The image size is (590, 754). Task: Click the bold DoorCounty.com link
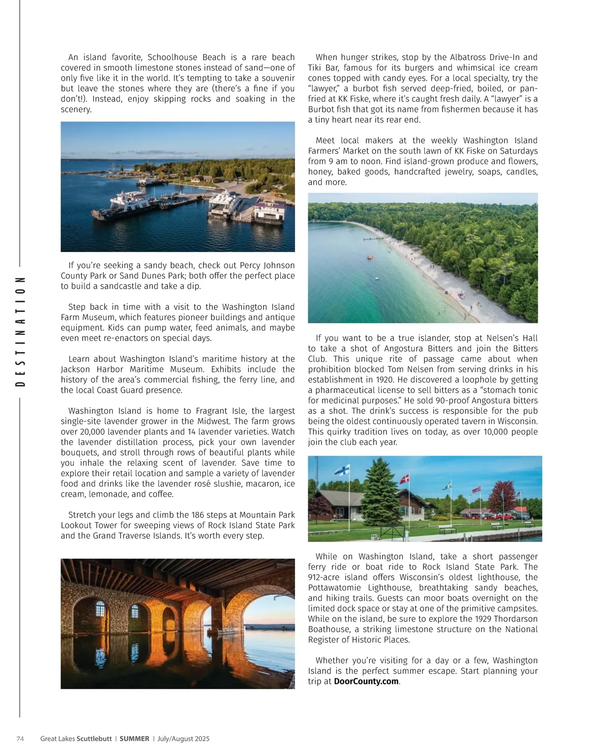click(366, 681)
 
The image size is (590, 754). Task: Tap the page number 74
click(20, 739)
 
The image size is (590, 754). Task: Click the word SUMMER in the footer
click(134, 739)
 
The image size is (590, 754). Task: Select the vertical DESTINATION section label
click(20, 332)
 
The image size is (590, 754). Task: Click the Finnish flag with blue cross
click(342, 470)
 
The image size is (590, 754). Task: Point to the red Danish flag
click(404, 478)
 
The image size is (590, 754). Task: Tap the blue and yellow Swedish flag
click(447, 486)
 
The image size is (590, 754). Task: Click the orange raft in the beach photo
click(370, 257)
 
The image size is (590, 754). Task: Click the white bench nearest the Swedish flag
click(447, 530)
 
